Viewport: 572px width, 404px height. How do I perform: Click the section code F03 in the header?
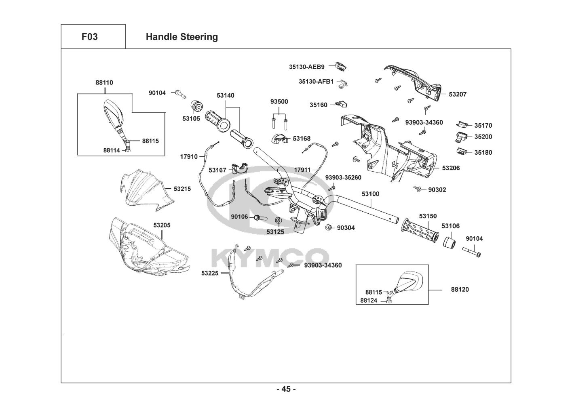coord(89,37)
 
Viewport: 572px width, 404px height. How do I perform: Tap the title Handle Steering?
coord(182,37)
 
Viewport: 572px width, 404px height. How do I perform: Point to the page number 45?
coord(286,389)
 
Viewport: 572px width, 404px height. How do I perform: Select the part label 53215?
coord(182,189)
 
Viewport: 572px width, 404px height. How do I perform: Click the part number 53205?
coord(162,225)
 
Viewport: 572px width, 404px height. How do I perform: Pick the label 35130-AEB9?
coord(306,66)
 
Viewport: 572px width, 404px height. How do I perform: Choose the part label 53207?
coord(458,94)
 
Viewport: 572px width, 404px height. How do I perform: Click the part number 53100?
coord(370,194)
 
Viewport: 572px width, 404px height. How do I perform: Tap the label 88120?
coord(460,289)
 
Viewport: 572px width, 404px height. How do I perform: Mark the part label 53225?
coord(210,273)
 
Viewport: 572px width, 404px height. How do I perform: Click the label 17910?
coord(189,156)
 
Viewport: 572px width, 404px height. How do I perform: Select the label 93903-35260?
coord(343,177)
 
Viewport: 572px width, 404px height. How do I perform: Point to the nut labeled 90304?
coord(329,228)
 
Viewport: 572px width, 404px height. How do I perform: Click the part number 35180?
coord(483,152)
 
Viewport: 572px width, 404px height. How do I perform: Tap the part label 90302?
coord(437,189)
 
